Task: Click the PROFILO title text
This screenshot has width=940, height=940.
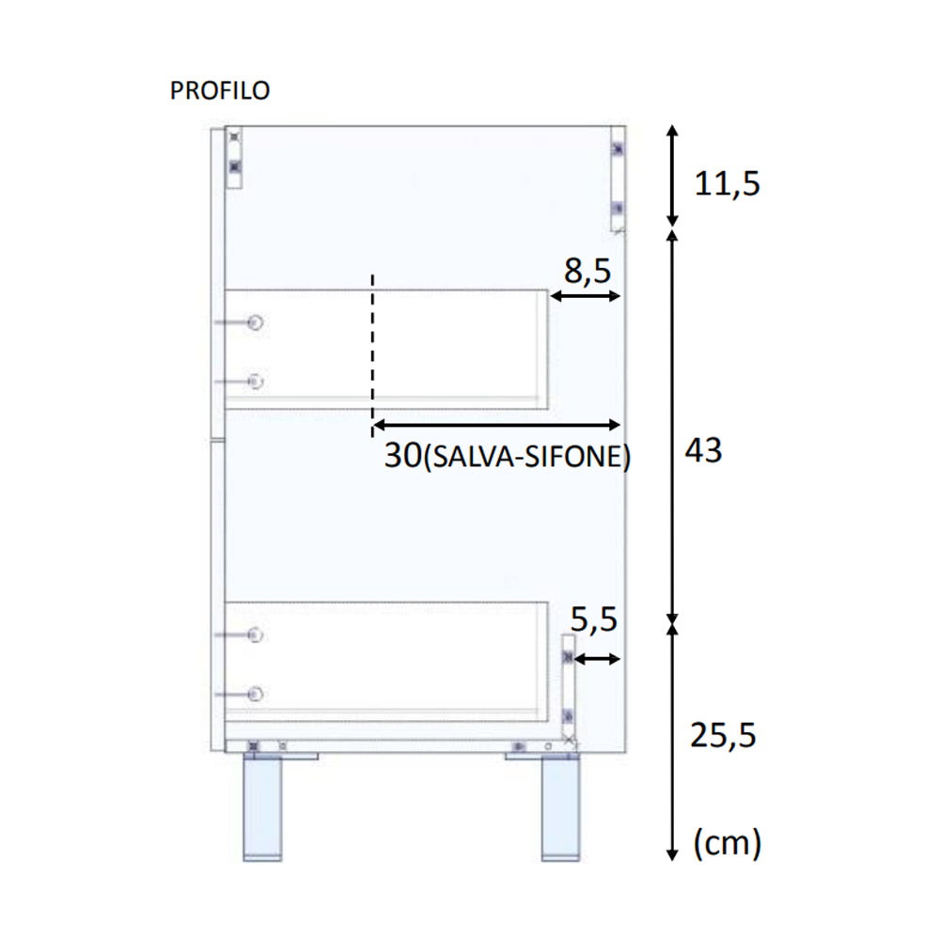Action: [219, 90]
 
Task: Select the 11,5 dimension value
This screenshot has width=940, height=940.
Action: [727, 184]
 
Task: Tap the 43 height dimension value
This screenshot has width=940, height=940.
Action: [703, 451]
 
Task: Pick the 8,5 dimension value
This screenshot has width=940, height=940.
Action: [587, 272]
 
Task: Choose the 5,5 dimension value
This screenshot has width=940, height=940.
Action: [594, 619]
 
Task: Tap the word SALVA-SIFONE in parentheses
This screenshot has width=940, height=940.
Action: [527, 458]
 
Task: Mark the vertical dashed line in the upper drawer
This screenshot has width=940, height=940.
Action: [373, 352]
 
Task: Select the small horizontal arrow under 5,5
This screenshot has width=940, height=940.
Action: [597, 659]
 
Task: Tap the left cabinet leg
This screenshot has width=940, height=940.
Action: [264, 808]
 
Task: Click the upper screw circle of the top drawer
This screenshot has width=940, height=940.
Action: [255, 322]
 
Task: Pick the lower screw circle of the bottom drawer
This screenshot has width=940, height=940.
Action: [255, 694]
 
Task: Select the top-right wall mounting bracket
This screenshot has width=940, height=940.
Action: [618, 179]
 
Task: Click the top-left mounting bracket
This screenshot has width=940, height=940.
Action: [234, 157]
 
